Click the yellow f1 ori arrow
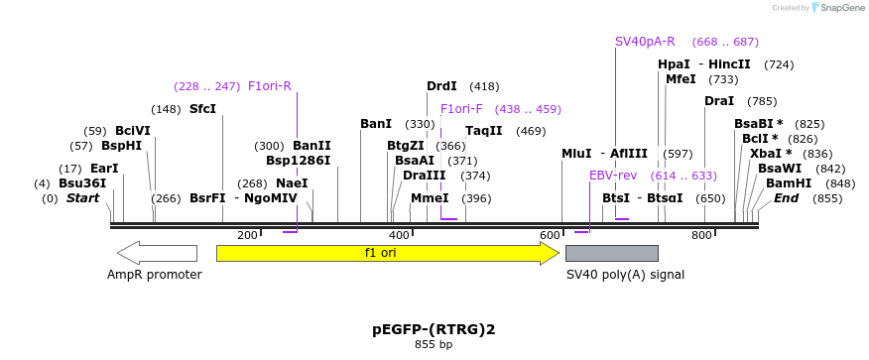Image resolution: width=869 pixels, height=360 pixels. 387,253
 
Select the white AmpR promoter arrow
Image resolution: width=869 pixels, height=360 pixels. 156,253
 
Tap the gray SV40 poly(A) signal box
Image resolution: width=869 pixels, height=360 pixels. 611,253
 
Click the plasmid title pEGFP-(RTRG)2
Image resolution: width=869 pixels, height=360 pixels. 434,329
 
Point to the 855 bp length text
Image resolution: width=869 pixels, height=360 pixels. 434,345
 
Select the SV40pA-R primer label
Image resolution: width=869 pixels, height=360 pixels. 645,42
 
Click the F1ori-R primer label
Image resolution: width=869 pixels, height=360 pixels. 270,86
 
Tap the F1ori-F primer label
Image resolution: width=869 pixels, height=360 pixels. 461,109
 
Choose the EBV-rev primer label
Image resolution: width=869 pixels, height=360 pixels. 613,176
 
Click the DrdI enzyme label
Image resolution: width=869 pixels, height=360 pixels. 441,86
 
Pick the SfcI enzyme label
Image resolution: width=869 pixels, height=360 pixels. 202,109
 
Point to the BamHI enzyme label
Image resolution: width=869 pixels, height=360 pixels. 789,183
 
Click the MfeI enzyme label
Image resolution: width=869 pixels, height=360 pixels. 681,79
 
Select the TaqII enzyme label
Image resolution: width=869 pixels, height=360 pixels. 484,131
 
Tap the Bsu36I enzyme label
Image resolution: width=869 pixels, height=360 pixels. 82,183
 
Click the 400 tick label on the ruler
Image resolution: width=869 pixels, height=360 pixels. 399,235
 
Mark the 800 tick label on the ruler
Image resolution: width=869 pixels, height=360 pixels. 701,235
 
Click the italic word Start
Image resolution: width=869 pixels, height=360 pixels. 83,198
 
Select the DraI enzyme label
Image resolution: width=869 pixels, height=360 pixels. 719,101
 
